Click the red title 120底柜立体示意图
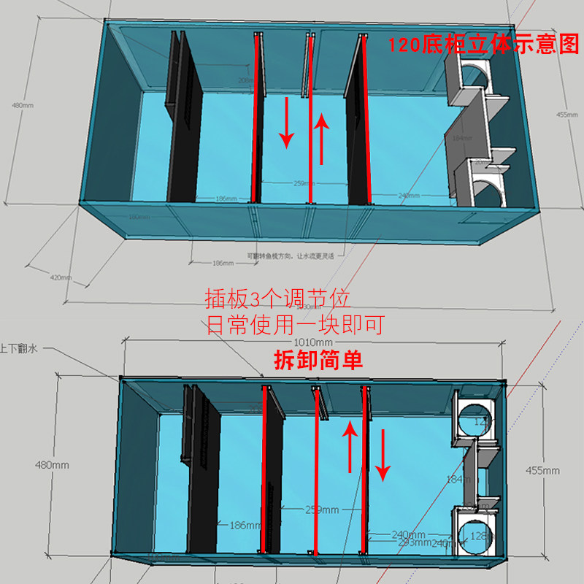483,46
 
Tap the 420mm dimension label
61,277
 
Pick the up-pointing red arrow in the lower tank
350,447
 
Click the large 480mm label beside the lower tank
51,465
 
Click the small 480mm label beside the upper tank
23,106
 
